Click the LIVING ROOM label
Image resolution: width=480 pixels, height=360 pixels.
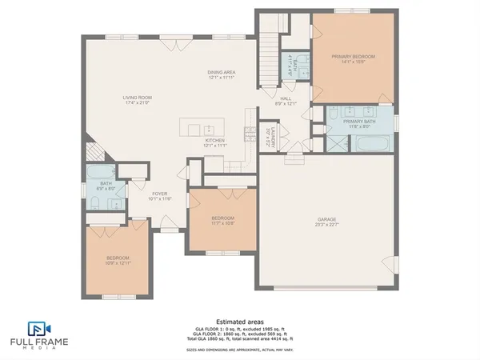tap(137, 97)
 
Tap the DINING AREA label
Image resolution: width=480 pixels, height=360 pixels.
tap(222, 72)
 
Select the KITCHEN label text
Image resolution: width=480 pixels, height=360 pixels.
tap(214, 140)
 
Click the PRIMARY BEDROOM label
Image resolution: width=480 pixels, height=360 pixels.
tap(353, 56)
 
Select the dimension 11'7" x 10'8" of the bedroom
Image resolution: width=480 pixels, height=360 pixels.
tap(222, 222)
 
